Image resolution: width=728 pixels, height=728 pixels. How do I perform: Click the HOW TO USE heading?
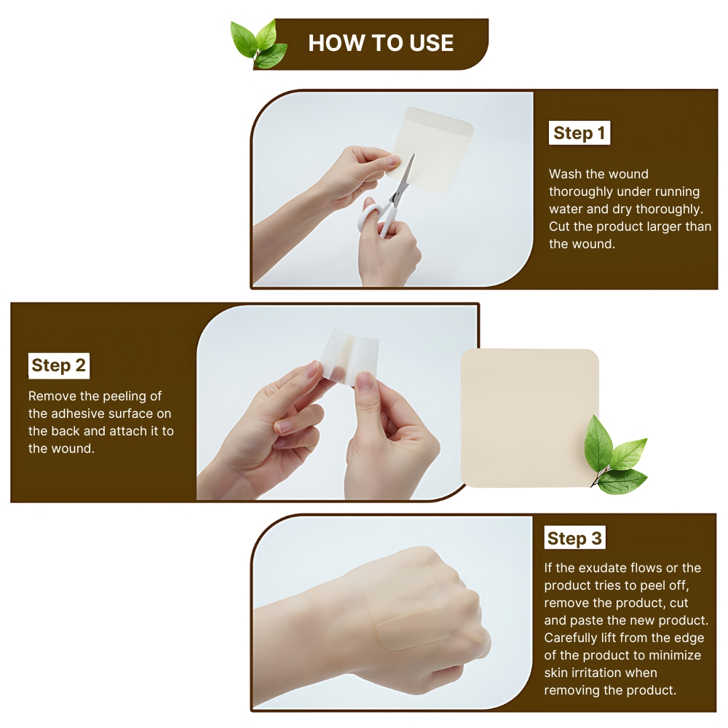[381, 43]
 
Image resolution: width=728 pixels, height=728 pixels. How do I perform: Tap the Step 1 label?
[579, 133]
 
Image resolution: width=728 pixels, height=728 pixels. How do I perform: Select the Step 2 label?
[58, 365]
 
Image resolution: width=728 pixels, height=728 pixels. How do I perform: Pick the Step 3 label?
[574, 539]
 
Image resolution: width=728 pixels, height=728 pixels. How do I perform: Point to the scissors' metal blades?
[403, 179]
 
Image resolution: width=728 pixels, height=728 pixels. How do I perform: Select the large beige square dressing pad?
[529, 418]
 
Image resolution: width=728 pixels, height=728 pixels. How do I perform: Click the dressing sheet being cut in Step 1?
[430, 149]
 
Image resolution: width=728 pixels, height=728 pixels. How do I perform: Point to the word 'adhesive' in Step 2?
[76, 414]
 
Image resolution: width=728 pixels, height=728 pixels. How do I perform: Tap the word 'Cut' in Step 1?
[559, 226]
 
